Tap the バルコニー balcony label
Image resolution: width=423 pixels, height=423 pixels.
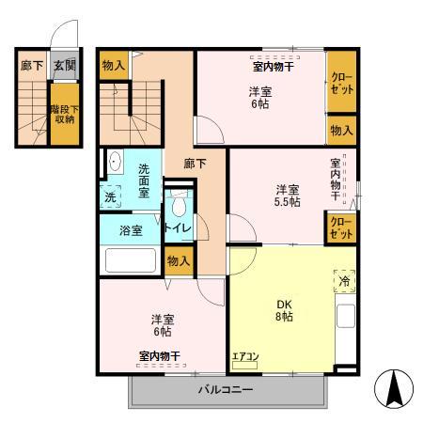pyautogui.click(x=225, y=389)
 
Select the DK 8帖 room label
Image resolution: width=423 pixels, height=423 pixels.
pyautogui.click(x=284, y=311)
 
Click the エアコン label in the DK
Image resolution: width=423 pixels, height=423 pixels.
pyautogui.click(x=245, y=356)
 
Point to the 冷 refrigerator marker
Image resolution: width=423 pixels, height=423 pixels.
pyautogui.click(x=344, y=281)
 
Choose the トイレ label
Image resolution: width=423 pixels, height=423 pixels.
pyautogui.click(x=179, y=228)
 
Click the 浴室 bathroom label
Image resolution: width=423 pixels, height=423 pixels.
pyautogui.click(x=131, y=230)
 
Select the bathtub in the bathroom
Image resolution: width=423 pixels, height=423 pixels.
pyautogui.click(x=132, y=260)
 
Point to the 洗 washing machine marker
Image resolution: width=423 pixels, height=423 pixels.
pyautogui.click(x=112, y=198)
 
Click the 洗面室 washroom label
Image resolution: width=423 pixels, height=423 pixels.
pyautogui.click(x=144, y=180)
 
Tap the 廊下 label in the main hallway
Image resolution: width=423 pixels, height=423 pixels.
pyautogui.click(x=195, y=162)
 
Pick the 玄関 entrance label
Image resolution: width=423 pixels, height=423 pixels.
pyautogui.click(x=64, y=65)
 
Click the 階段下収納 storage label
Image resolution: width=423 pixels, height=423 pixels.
pyautogui.click(x=64, y=114)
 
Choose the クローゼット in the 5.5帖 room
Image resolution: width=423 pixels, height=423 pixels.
pyautogui.click(x=340, y=227)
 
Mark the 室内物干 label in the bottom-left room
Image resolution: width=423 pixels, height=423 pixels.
pyautogui.click(x=160, y=355)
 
